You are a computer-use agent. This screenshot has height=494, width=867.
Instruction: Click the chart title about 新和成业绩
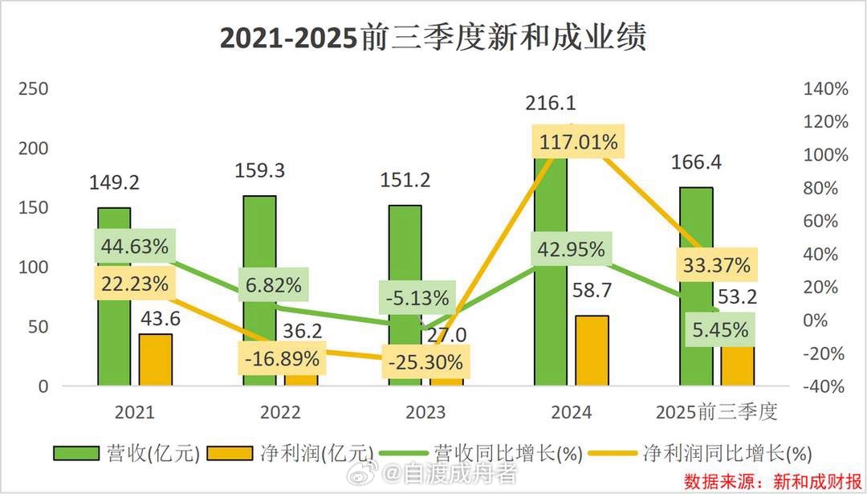coord(433,38)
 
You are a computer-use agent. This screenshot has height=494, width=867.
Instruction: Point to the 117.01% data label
coord(578,143)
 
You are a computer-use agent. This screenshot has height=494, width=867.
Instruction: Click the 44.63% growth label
coord(135,247)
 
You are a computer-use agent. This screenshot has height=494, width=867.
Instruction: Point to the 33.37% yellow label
coord(717,263)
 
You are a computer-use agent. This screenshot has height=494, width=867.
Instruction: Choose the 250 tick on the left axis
coord(34,89)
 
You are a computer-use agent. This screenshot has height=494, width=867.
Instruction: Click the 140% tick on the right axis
coord(824,89)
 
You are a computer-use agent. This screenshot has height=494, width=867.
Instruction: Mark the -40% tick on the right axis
coord(824,386)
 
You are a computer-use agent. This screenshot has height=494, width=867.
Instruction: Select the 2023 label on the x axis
coord(425,413)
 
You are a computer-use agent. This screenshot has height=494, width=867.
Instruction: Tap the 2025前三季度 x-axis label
coord(717,413)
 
